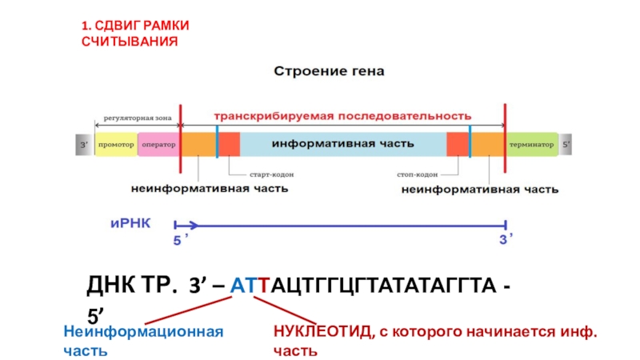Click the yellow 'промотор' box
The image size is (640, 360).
(x=116, y=145)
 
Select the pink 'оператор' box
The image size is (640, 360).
(x=158, y=145)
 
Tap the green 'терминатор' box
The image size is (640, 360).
(x=530, y=145)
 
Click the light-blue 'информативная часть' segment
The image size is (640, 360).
(x=342, y=145)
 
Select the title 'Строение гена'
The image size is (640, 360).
(x=330, y=71)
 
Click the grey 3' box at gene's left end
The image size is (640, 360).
(x=83, y=145)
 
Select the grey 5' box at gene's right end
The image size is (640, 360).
(x=566, y=145)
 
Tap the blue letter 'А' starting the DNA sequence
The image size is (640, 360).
(x=236, y=286)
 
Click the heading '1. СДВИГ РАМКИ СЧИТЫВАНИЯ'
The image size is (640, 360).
(x=130, y=33)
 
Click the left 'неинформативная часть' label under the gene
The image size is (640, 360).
(x=210, y=190)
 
